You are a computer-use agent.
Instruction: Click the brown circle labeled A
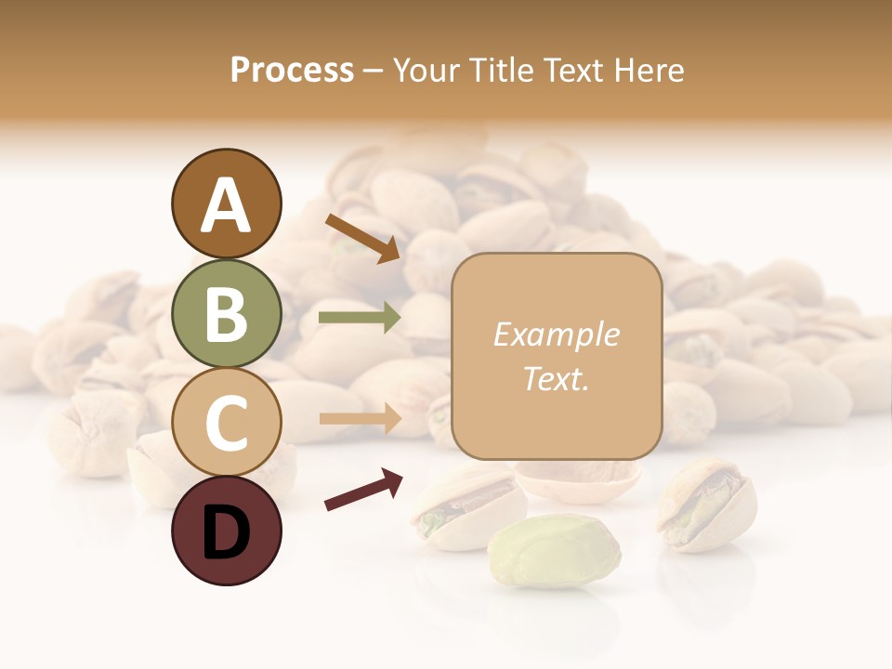click(x=226, y=204)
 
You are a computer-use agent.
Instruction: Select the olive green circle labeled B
click(x=226, y=313)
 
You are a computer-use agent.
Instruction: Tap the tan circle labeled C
click(x=226, y=422)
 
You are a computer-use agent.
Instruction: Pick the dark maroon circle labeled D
click(x=226, y=531)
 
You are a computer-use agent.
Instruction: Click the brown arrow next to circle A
click(x=362, y=238)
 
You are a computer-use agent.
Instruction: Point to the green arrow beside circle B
click(x=360, y=318)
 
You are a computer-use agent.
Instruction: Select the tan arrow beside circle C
click(x=360, y=419)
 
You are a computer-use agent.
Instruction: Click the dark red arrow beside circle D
click(x=363, y=491)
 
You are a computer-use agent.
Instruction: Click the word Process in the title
click(x=292, y=71)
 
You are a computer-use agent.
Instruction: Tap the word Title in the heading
click(x=500, y=71)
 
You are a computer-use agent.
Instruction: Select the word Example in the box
click(x=556, y=334)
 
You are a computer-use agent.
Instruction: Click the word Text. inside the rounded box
click(x=556, y=378)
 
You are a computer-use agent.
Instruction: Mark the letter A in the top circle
click(x=226, y=205)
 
